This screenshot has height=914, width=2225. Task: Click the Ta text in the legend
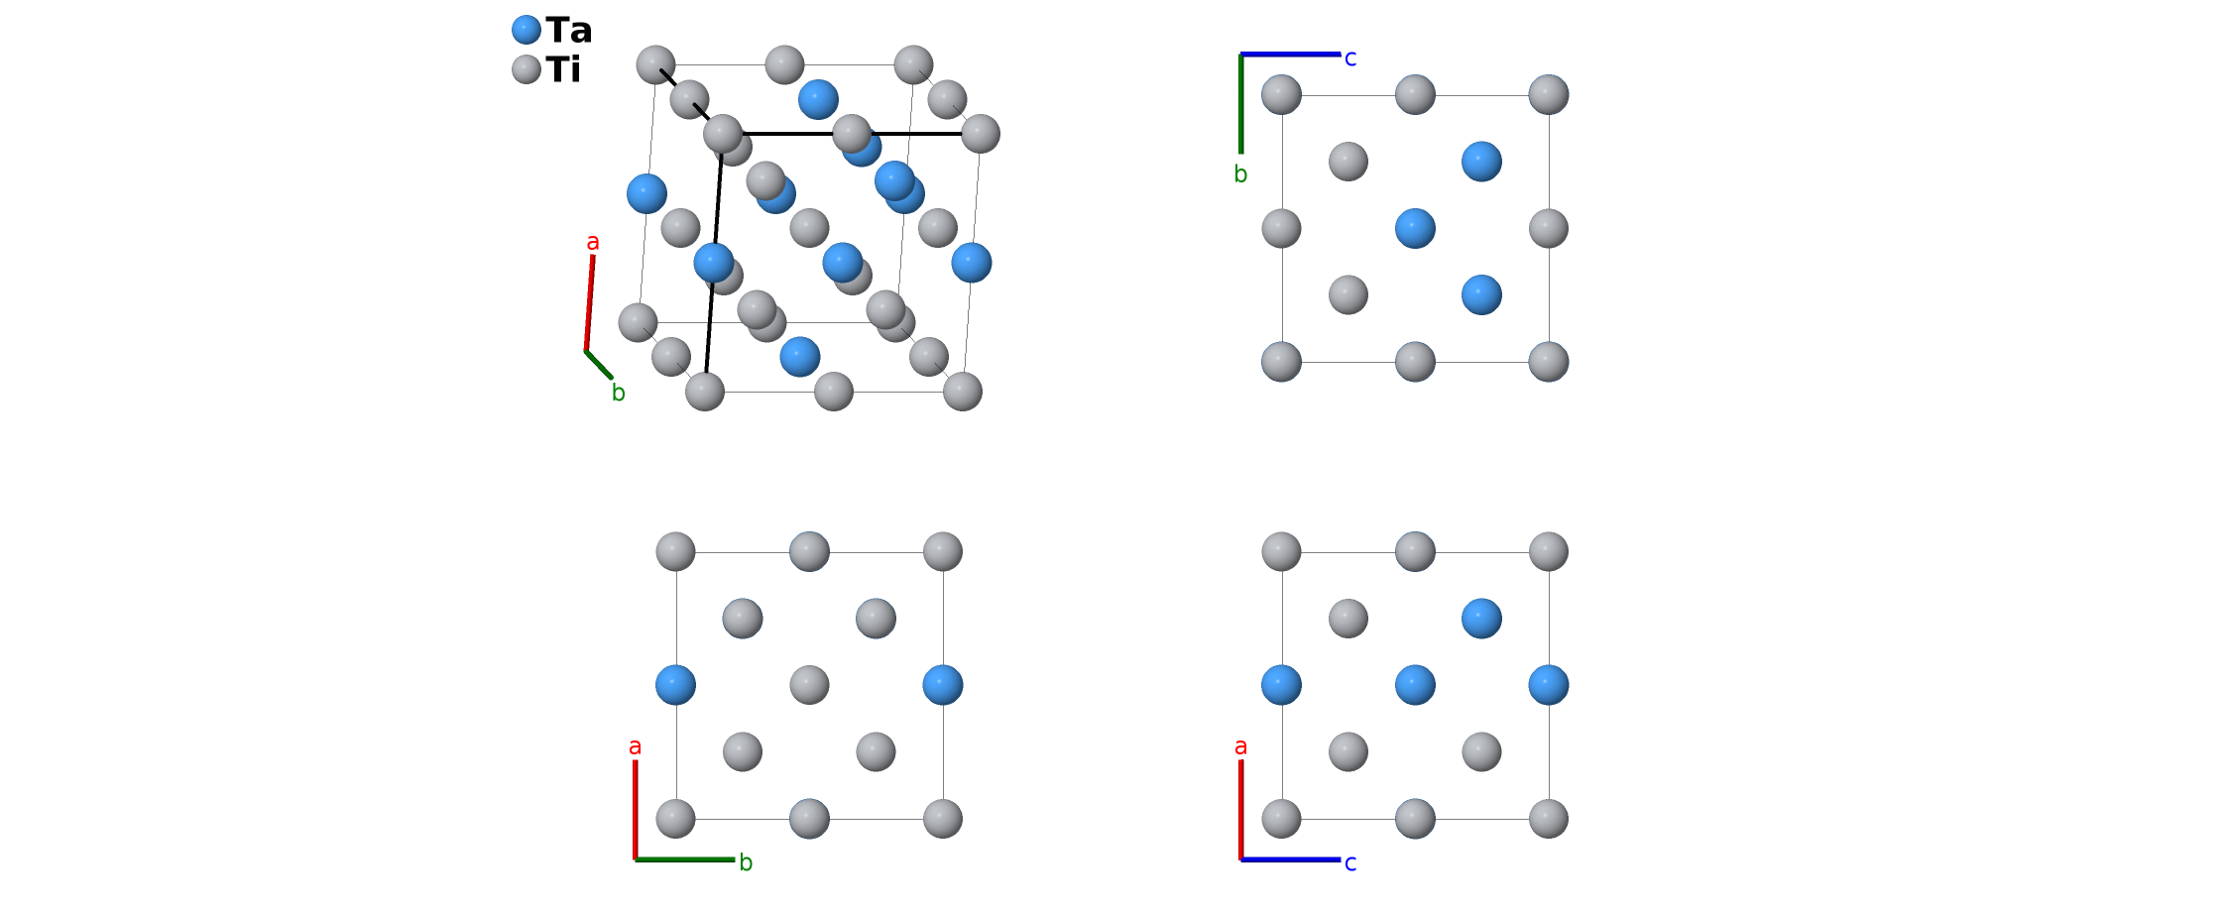click(568, 31)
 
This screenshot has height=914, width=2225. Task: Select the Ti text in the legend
click(562, 69)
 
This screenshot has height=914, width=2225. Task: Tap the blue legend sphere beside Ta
click(527, 30)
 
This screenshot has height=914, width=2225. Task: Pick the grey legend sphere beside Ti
click(527, 69)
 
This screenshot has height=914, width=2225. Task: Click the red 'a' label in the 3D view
click(593, 242)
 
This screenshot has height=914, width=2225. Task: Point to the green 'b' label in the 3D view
click(619, 394)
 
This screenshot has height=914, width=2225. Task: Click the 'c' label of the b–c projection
click(1350, 58)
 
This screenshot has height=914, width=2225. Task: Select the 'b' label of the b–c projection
click(1240, 174)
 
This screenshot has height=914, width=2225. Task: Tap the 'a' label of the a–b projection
click(636, 746)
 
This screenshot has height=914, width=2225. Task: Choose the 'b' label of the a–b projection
click(747, 863)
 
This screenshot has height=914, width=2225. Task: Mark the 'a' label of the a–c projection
click(1240, 746)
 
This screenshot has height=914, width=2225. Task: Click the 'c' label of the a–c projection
click(1350, 863)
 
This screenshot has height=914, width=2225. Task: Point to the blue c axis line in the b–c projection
click(1290, 55)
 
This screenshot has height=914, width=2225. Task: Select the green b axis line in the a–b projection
click(685, 859)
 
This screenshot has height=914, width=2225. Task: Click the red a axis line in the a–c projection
click(1241, 809)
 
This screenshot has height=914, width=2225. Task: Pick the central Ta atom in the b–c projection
click(1415, 228)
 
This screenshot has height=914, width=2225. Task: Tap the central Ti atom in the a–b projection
click(809, 685)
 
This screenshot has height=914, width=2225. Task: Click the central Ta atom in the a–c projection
click(1415, 685)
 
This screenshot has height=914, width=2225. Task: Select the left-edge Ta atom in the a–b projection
click(675, 685)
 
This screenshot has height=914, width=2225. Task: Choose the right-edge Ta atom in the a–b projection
click(942, 685)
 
